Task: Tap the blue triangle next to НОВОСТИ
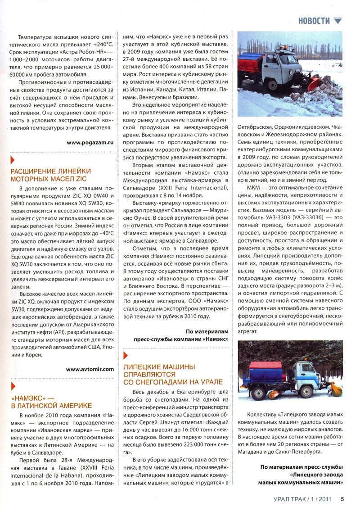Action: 338,20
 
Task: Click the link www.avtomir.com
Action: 90,369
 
